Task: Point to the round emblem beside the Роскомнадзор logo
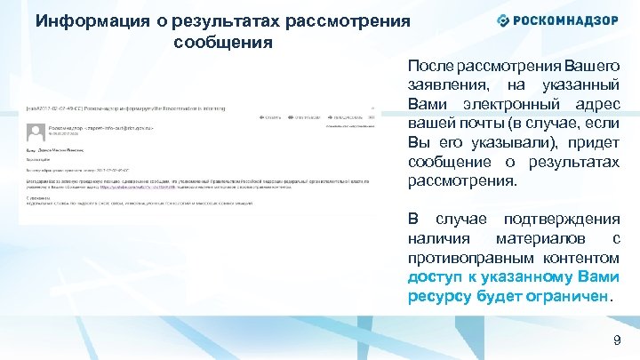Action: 503,20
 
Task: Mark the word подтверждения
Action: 562,219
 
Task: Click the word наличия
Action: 439,238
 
